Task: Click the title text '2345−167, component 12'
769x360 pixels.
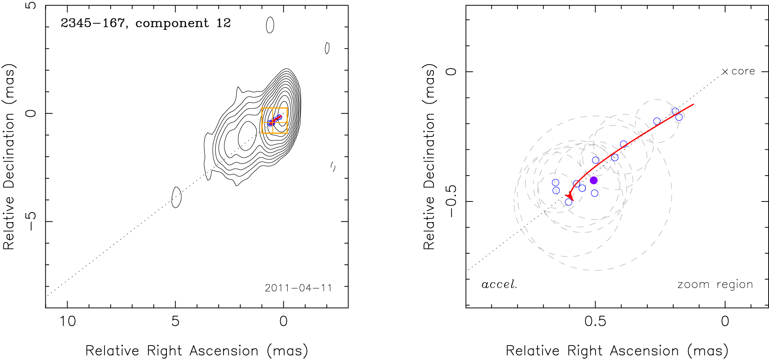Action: pyautogui.click(x=146, y=23)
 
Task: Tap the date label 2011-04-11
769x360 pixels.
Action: pyautogui.click(x=298, y=288)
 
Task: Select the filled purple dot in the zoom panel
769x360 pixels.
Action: pyautogui.click(x=593, y=180)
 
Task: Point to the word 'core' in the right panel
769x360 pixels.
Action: pyautogui.click(x=743, y=71)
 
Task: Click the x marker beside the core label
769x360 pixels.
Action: pyautogui.click(x=725, y=72)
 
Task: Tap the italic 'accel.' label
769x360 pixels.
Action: pyautogui.click(x=499, y=284)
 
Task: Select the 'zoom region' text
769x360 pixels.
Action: pyautogui.click(x=715, y=284)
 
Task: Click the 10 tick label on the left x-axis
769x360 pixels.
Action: pyautogui.click(x=68, y=321)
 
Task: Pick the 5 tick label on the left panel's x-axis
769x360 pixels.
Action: pyautogui.click(x=175, y=321)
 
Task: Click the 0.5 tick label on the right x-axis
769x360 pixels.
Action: pyautogui.click(x=595, y=321)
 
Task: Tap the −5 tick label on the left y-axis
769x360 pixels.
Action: pyautogui.click(x=31, y=221)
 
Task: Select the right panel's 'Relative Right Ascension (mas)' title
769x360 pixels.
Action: pyautogui.click(x=617, y=351)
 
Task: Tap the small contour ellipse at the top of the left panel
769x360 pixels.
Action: pyautogui.click(x=270, y=25)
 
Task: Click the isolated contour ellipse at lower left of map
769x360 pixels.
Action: pyautogui.click(x=176, y=197)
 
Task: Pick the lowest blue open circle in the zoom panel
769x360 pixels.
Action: pyautogui.click(x=569, y=202)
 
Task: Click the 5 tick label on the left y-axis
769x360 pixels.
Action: pyautogui.click(x=31, y=6)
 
